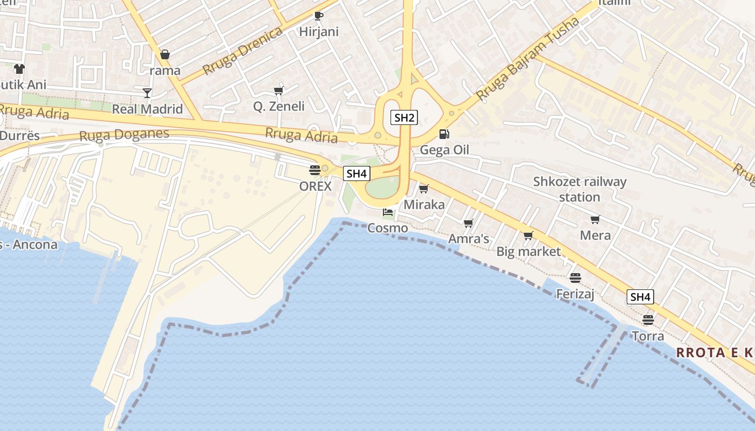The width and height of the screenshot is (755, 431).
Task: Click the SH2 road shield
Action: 404,117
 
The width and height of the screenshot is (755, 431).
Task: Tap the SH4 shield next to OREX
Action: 357,173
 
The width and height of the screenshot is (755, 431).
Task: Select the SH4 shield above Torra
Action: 640,296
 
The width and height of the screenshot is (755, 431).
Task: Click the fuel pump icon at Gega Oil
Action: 444,134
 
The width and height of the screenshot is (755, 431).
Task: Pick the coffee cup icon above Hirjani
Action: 319,16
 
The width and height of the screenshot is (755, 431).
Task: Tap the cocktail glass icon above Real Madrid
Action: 147,93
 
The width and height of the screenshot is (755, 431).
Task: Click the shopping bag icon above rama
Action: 165,54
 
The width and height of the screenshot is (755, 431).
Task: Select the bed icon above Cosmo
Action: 388,212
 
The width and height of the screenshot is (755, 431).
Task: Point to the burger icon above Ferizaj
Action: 575,278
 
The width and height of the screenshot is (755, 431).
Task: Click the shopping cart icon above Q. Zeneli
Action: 279,91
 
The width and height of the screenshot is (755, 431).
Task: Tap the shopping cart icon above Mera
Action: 595,219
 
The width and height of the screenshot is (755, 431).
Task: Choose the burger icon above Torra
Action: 648,320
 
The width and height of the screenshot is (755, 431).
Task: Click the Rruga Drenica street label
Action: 243,51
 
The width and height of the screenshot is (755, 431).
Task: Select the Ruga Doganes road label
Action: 124,135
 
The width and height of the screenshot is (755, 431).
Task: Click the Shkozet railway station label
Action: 580,189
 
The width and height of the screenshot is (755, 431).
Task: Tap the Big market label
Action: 528,251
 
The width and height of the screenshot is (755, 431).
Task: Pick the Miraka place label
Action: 424,204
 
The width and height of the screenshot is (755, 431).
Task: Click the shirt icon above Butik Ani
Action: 19,69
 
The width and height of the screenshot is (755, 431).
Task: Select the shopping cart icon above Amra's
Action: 468,223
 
